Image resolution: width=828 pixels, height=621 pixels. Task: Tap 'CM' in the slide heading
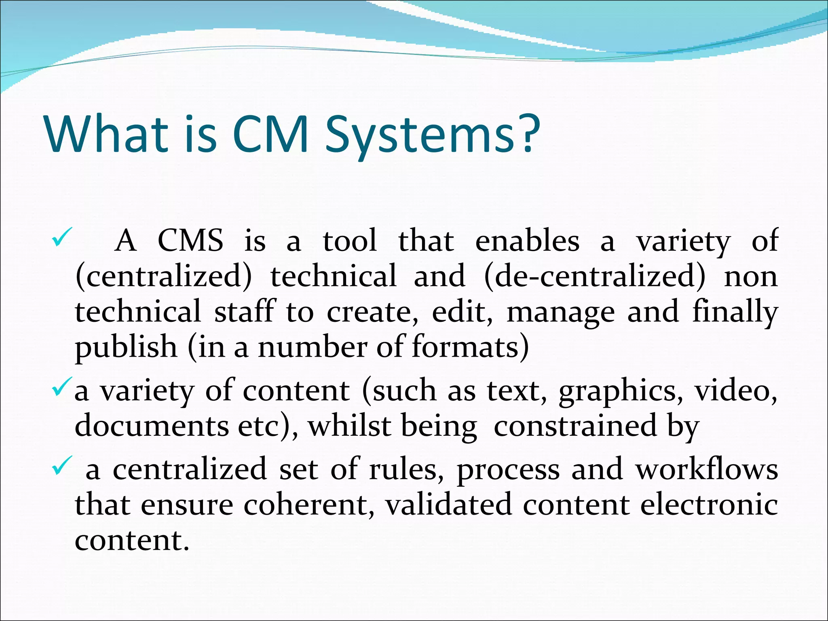[271, 134]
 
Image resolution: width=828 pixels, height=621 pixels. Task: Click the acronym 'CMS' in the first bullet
[190, 241]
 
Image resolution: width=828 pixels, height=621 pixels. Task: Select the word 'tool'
[350, 241]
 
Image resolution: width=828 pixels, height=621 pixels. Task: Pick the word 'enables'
[527, 241]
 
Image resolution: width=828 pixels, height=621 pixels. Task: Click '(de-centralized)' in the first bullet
[594, 277]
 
